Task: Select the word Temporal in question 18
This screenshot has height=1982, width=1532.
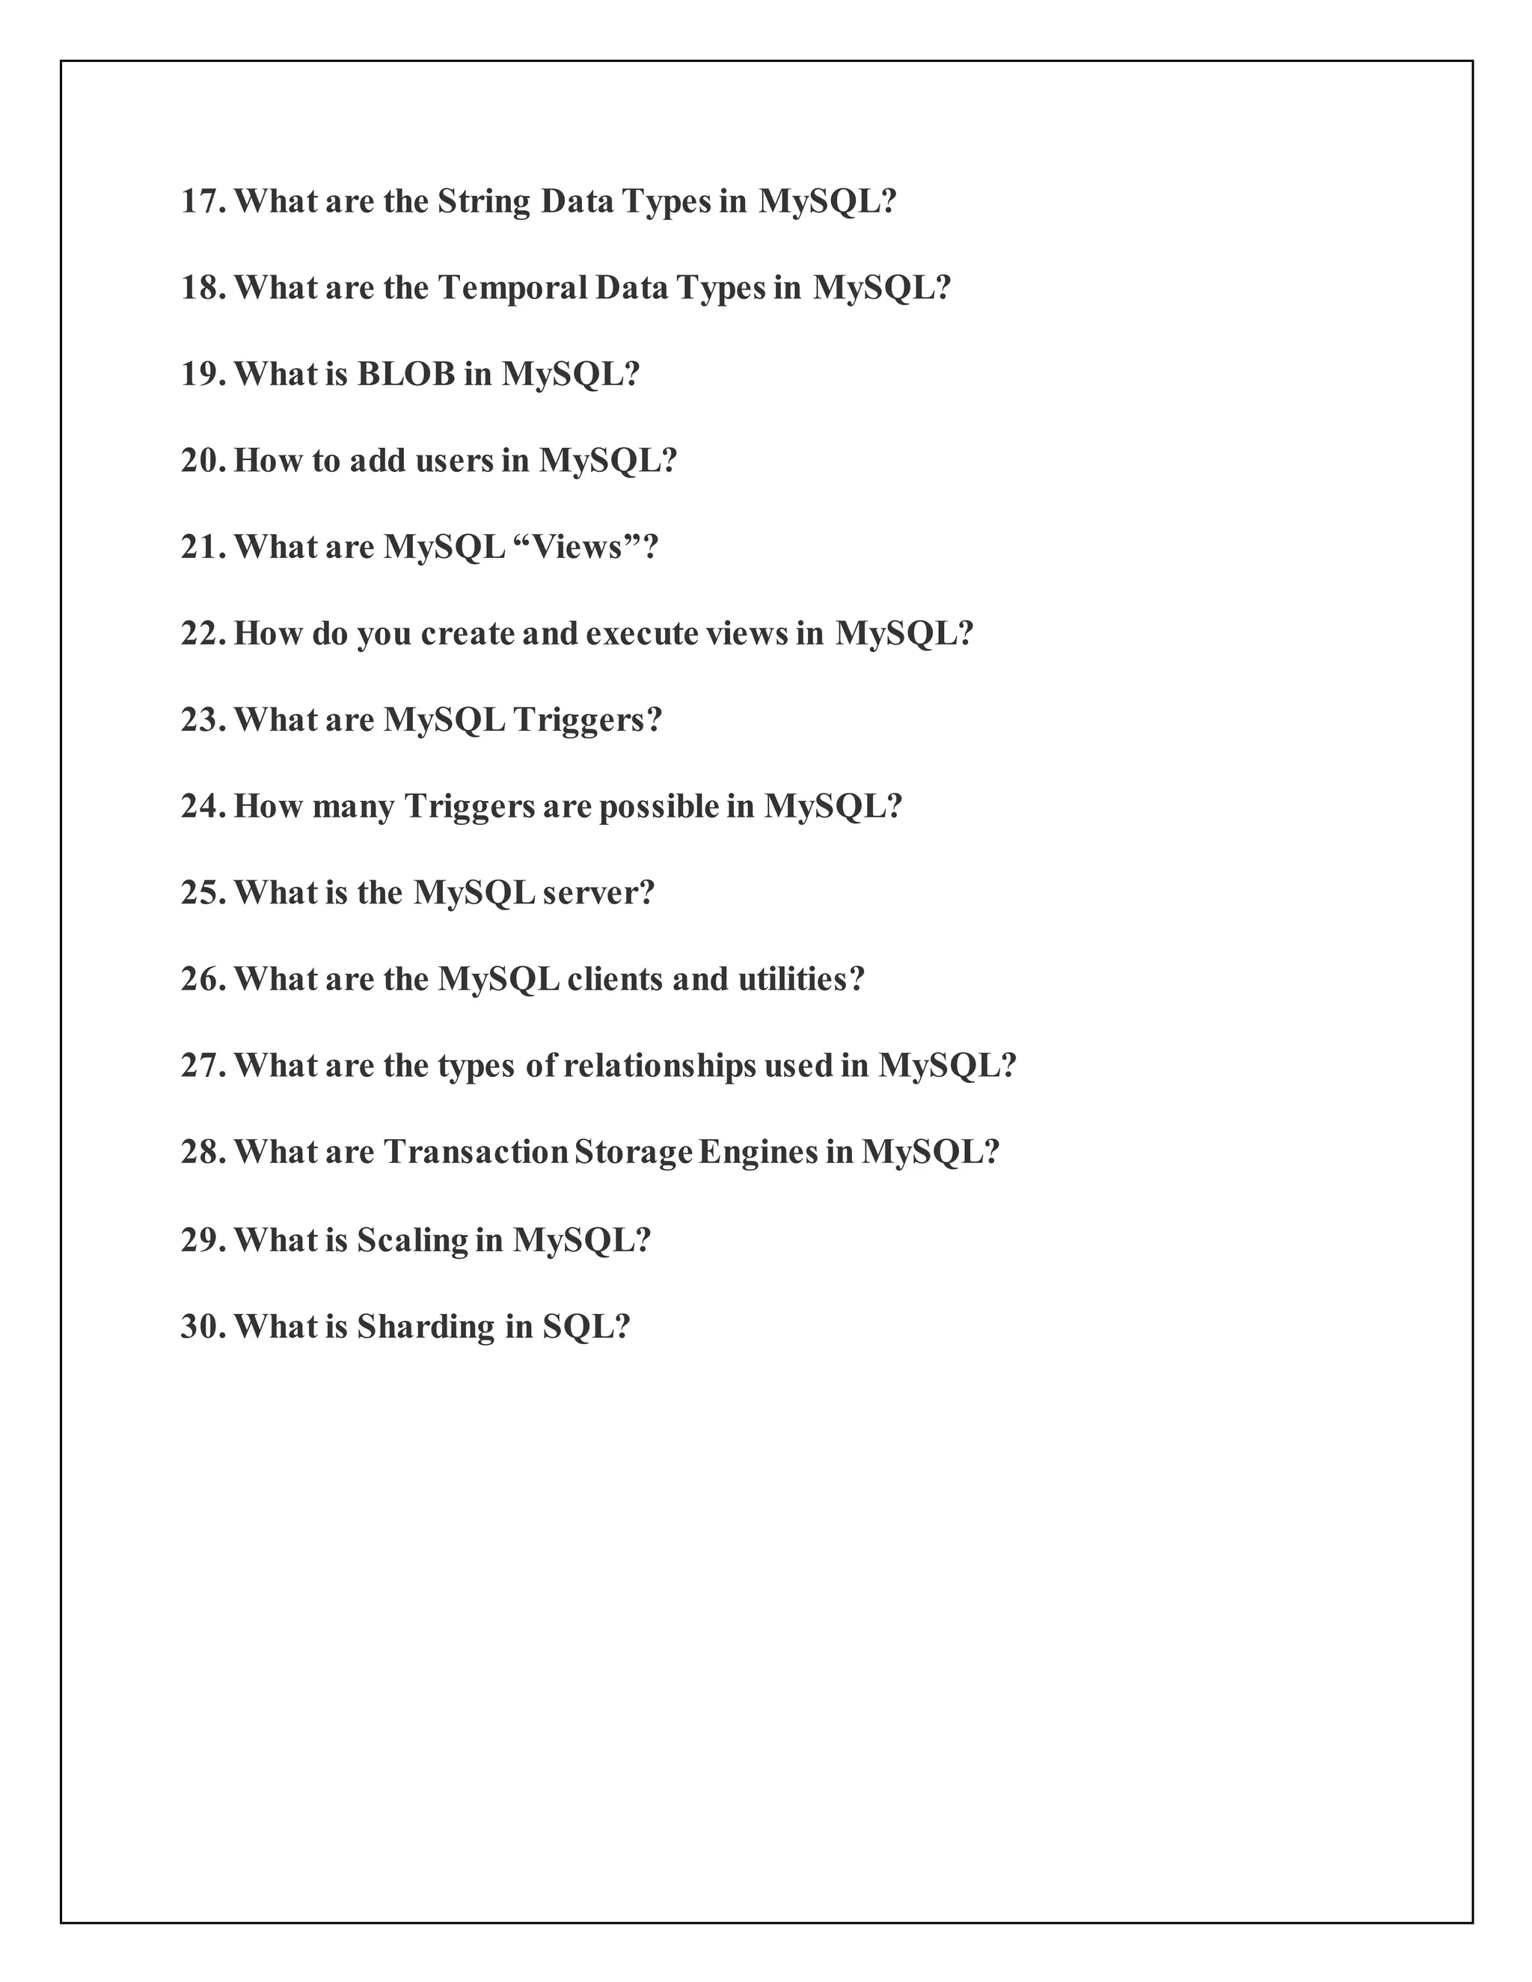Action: [512, 288]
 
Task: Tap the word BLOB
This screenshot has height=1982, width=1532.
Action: [405, 374]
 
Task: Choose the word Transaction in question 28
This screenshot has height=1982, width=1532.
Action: [475, 1153]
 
